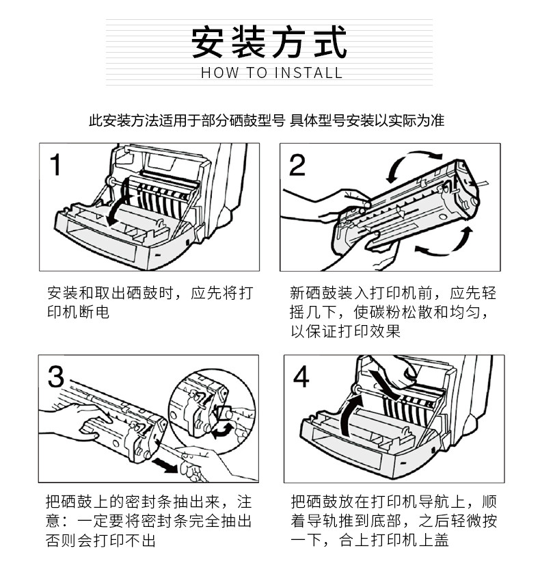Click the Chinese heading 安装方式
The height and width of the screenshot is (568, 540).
[269, 42]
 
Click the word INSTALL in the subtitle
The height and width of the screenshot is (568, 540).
[308, 73]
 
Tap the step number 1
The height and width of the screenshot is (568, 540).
[55, 165]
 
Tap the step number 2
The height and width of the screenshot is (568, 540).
[297, 165]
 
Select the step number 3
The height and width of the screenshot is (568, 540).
[56, 377]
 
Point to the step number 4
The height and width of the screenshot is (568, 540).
[301, 377]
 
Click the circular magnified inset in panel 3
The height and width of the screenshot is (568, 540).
[212, 409]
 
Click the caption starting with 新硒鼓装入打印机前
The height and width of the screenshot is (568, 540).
[392, 312]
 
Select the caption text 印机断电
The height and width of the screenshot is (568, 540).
[78, 312]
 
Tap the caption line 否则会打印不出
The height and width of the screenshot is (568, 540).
[100, 541]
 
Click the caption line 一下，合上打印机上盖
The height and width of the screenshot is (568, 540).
[370, 540]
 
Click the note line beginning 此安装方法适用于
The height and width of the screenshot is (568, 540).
[267, 120]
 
